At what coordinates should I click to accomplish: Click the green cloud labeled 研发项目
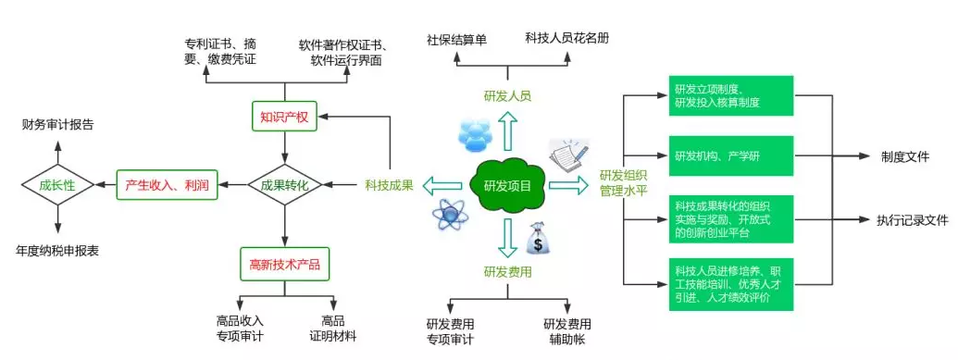tap(507, 185)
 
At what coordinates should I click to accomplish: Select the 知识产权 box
tap(284, 117)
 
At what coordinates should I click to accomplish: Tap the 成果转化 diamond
tap(284, 185)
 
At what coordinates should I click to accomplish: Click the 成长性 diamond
tap(57, 185)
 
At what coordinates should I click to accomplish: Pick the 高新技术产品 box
tap(284, 264)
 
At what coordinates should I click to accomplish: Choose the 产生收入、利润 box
tap(168, 185)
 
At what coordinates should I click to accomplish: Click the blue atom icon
tap(449, 216)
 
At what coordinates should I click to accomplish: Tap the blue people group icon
tap(472, 135)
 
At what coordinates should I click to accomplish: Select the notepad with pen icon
tap(566, 154)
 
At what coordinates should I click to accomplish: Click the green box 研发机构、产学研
tap(730, 154)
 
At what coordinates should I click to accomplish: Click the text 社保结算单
tap(456, 40)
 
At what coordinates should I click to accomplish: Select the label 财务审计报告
tap(57, 123)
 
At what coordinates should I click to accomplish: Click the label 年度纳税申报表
tap(57, 250)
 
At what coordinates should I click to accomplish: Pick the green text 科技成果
tap(389, 185)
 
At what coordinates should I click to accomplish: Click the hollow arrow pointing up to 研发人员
tap(507, 130)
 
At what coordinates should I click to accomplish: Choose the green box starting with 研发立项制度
tap(730, 95)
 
